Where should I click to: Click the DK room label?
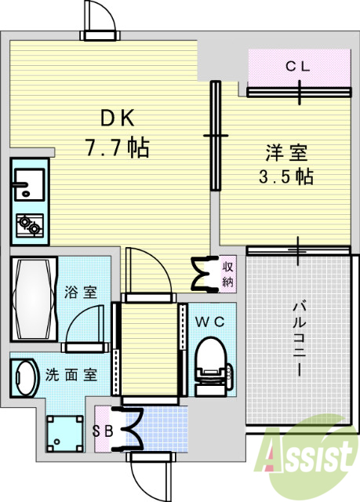click(118, 118)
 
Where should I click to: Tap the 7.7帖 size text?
click(118, 146)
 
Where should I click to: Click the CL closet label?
click(297, 67)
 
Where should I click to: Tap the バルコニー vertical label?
click(299, 338)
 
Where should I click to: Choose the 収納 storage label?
click(227, 274)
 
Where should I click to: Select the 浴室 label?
click(82, 293)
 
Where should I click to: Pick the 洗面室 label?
click(71, 374)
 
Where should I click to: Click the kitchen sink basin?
click(28, 185)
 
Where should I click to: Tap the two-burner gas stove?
click(30, 226)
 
